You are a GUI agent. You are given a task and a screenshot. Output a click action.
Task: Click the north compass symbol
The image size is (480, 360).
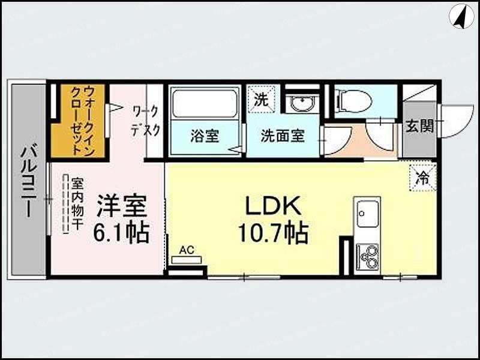[461, 16]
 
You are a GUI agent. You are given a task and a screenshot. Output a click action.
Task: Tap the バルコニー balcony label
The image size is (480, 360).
[27, 181]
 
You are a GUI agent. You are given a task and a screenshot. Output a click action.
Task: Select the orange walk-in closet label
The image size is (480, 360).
[79, 120]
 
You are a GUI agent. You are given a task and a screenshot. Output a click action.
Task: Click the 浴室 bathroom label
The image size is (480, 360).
[205, 136]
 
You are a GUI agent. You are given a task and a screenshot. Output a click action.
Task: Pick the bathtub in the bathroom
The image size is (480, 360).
[205, 104]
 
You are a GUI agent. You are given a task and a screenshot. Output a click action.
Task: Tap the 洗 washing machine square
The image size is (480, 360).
[260, 100]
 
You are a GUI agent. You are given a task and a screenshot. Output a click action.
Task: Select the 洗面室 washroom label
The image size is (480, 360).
[282, 136]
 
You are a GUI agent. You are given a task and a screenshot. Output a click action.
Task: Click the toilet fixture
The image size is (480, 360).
[354, 100]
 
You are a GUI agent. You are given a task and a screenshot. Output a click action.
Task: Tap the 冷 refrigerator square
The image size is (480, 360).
[424, 178]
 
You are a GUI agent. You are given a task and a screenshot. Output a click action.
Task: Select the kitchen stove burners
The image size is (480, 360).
[368, 257]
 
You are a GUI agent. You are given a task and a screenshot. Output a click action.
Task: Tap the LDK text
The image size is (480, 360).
[272, 206]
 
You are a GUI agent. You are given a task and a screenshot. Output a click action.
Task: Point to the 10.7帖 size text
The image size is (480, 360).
[273, 233]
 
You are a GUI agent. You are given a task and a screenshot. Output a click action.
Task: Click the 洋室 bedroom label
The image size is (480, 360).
[122, 206]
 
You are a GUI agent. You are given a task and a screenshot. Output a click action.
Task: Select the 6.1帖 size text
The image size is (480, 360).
[121, 232]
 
